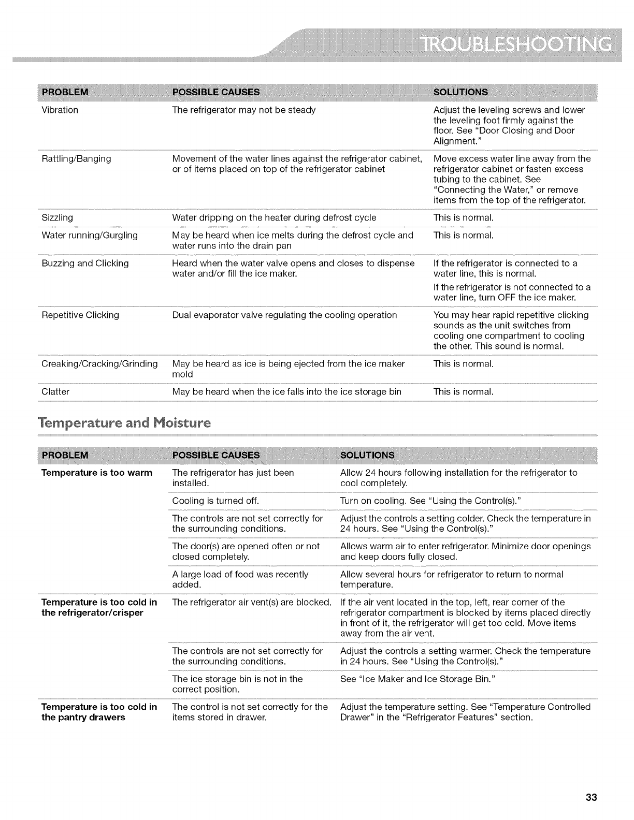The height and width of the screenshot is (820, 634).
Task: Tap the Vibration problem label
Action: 60,110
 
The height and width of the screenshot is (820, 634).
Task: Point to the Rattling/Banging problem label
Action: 76,158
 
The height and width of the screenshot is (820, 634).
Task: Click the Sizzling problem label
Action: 57,217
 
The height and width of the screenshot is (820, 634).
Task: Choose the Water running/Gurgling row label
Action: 90,235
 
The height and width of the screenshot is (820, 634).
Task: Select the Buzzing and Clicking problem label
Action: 85,263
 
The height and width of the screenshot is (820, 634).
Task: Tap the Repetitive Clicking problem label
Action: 80,315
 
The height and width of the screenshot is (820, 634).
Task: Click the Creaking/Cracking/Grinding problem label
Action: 99,363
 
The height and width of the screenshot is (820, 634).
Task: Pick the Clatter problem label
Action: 55,391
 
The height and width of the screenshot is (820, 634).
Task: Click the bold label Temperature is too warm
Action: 97,473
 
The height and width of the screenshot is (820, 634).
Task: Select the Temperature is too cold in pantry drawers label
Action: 99,712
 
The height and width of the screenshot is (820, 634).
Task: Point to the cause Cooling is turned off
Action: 215,501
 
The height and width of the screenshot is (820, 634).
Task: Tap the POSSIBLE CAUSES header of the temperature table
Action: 215,455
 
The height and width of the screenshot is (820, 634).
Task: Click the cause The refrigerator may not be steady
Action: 243,110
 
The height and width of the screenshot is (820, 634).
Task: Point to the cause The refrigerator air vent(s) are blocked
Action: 252,602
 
